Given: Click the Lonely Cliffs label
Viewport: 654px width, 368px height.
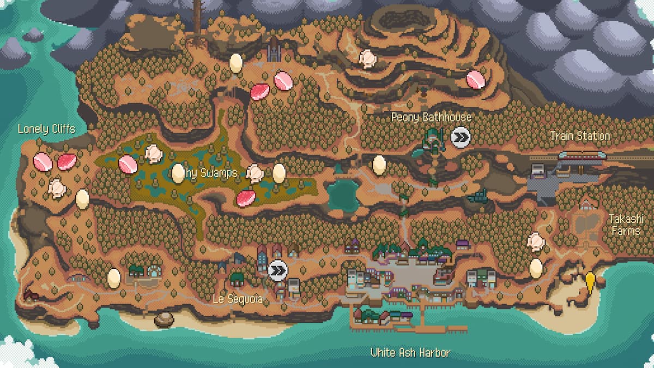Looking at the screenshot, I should pyautogui.click(x=46, y=129).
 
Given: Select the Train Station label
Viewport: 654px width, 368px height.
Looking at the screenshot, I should pyautogui.click(x=579, y=136).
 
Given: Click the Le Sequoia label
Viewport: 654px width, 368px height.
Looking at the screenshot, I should pyautogui.click(x=238, y=299).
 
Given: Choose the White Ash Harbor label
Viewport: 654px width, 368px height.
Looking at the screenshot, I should pyautogui.click(x=410, y=353).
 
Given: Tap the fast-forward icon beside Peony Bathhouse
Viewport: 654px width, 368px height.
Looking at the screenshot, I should pyautogui.click(x=461, y=138).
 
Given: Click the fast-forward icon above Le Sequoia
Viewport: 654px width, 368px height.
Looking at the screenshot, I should pyautogui.click(x=278, y=270).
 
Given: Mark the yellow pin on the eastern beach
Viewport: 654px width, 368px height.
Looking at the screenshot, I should pyautogui.click(x=590, y=282).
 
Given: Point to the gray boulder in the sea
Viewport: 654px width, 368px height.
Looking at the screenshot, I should pyautogui.click(x=164, y=319).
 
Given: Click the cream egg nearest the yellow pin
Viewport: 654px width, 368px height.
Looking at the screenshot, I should pyautogui.click(x=536, y=268).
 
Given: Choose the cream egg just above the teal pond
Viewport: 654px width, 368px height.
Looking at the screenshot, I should pyautogui.click(x=379, y=165).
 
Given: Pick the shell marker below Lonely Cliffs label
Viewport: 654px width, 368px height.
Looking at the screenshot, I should pyautogui.click(x=56, y=188).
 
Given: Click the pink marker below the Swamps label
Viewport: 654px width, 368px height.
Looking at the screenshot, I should pyautogui.click(x=246, y=198).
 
